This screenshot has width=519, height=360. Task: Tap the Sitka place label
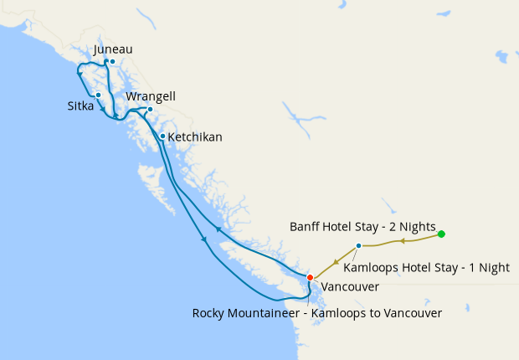pos(81,106)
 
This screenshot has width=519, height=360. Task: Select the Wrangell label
pos(151,96)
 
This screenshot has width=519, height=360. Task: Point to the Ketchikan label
pos(195,136)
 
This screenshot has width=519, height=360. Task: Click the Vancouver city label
pos(350,286)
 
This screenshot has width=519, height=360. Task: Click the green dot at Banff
pos(441,234)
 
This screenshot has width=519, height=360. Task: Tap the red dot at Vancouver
pos(310,277)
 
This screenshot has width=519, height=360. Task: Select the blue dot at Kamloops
pos(358,245)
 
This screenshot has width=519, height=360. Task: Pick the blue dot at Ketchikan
pos(162,136)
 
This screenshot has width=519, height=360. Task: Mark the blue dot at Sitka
pos(99,95)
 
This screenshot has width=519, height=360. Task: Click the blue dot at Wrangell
pos(150,109)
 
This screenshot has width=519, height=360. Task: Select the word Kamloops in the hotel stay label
pos(372,268)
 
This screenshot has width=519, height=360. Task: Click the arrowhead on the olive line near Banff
pos(402,241)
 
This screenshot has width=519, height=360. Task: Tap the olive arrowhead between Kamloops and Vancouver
pos(337,260)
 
